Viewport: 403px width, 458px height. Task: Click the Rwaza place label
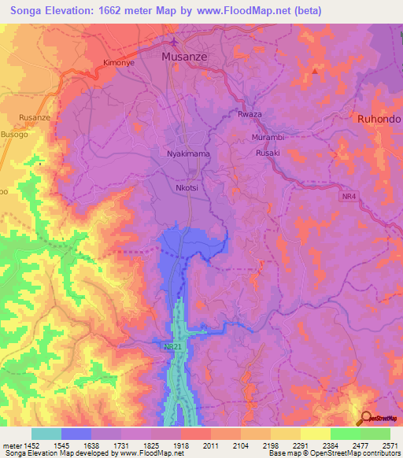(x=250, y=115)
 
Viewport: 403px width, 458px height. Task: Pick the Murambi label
(x=267, y=137)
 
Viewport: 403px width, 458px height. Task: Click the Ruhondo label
(x=379, y=119)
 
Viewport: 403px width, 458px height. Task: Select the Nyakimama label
(x=188, y=154)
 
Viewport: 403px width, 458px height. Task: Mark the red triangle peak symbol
(x=315, y=71)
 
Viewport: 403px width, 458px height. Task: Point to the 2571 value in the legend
(x=390, y=445)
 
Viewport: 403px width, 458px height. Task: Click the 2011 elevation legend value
(x=210, y=445)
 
